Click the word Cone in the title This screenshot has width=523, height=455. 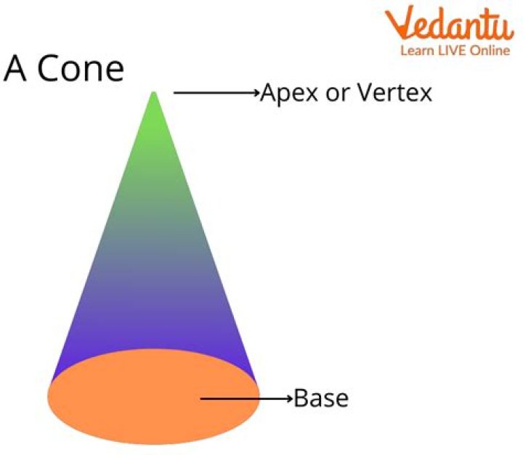coord(81,70)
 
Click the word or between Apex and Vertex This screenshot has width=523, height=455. coord(338,94)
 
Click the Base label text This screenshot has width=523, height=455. coord(321,398)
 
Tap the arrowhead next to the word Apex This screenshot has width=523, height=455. coord(256,93)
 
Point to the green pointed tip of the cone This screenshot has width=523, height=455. coord(154,95)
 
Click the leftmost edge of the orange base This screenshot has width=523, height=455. coord(49,397)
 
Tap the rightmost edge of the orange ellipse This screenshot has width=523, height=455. coord(259,395)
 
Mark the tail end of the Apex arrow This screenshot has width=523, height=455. coord(176,93)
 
